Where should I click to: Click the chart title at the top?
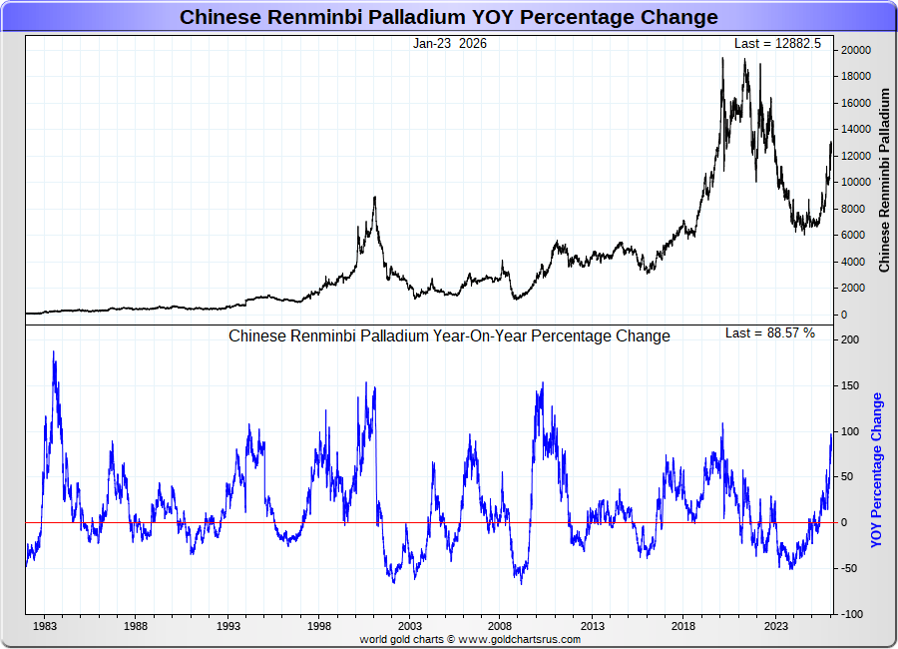point(448,17)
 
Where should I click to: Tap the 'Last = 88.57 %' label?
point(769,333)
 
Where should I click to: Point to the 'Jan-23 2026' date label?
point(450,44)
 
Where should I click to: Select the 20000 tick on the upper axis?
point(854,50)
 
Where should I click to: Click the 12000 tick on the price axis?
point(854,156)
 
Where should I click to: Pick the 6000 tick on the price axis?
point(851,236)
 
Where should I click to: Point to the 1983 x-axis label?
point(44,627)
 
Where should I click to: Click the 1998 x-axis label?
point(319,627)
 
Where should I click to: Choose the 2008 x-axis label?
point(501,627)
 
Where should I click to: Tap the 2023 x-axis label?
point(776,627)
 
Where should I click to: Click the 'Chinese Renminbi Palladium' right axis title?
point(884,181)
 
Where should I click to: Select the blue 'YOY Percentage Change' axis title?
point(878,470)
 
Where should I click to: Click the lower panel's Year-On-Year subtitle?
point(449,336)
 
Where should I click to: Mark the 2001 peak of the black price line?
point(374,197)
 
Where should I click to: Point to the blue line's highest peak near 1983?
point(54,351)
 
